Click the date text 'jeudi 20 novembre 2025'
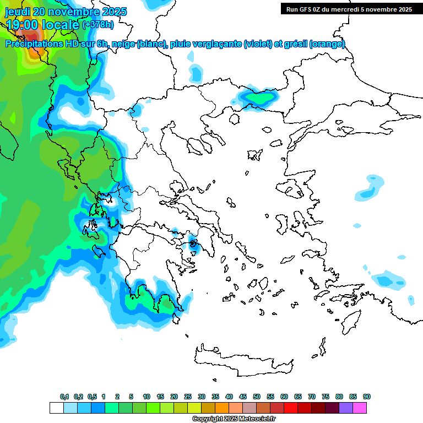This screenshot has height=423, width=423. (66, 12)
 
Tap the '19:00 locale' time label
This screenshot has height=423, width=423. (43, 24)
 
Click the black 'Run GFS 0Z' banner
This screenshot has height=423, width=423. (348, 9)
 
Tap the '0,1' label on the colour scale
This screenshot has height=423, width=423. (64, 397)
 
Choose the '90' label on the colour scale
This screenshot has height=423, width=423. (367, 397)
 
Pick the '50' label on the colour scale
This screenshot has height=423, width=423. (257, 397)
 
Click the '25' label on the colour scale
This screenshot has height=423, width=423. (188, 397)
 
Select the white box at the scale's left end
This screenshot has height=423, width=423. (56, 408)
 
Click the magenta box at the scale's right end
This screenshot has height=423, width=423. (360, 408)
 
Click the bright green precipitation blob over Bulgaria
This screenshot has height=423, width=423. (259, 98)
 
